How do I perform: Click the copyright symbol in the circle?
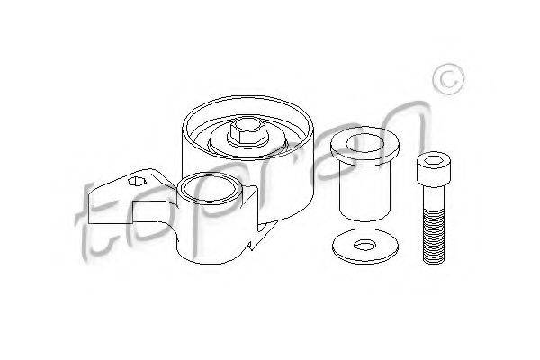448,79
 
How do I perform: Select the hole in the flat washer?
365,246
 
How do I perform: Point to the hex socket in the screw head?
432,160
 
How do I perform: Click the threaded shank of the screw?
434,236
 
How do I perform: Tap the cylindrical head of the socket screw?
433,169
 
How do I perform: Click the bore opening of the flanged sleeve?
365,143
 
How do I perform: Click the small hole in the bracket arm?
137,181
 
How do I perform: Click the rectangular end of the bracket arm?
111,213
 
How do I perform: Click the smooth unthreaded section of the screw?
434,197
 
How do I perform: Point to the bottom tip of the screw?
434,263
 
